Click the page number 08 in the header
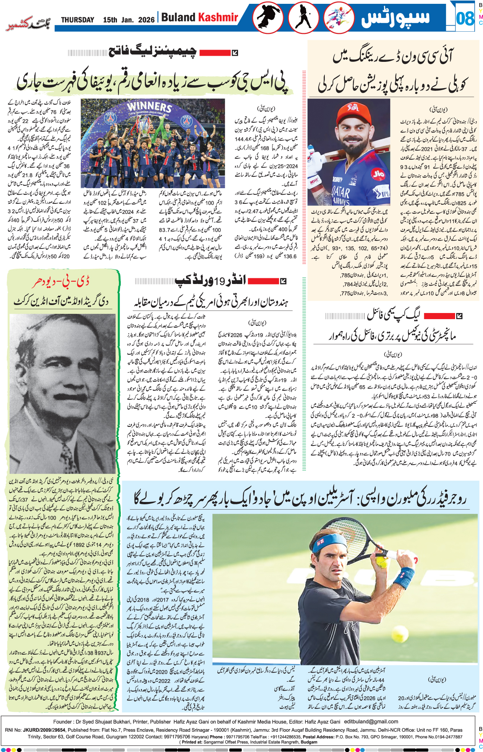click(x=465, y=18)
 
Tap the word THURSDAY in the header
click(x=78, y=20)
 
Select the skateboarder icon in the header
click(x=267, y=18)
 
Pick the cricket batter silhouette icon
click(x=303, y=18)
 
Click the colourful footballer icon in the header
click(x=339, y=18)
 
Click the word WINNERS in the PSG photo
click(x=149, y=107)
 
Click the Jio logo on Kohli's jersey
click(x=378, y=174)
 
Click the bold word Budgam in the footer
click(x=308, y=742)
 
